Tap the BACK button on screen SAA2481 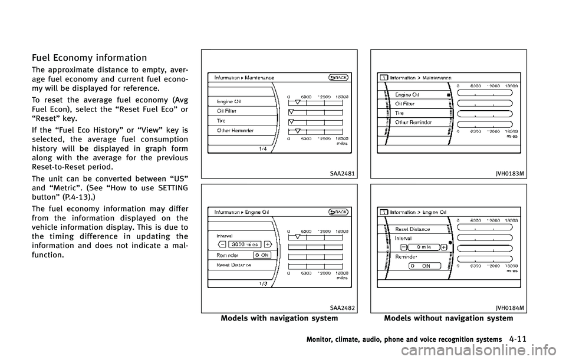338,77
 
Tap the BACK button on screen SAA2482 338,212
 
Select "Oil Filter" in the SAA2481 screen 228,111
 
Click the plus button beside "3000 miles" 267,243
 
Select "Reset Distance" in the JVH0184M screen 412,229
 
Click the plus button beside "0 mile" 443,247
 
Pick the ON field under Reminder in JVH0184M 424,266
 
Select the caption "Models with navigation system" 279,318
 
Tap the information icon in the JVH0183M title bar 383,77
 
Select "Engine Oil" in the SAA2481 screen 229,101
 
